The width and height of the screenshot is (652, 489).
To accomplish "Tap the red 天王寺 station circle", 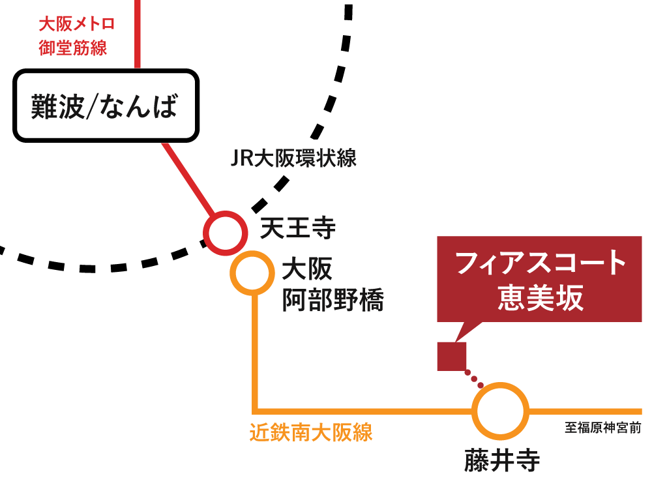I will [x=225, y=233].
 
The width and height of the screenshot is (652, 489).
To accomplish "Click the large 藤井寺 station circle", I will [x=500, y=411].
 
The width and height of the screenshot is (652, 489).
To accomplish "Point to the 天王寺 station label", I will [x=298, y=228].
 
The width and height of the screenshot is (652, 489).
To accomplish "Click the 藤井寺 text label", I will [x=502, y=460].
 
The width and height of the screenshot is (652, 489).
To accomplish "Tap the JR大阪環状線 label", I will [x=293, y=158].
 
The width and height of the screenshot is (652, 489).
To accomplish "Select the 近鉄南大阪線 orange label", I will [x=311, y=433].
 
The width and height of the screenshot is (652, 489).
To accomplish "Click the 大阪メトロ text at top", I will [x=77, y=25].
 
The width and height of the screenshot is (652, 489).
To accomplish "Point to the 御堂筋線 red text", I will [x=72, y=48].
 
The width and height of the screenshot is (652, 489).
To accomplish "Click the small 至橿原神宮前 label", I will [x=602, y=428].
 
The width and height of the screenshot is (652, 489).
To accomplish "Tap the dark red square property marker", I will [x=451, y=356].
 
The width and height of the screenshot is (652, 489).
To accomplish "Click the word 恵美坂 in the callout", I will [x=541, y=299].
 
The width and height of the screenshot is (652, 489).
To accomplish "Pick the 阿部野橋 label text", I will [x=333, y=301].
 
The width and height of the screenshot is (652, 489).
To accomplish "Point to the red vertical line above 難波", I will [x=138, y=33].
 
